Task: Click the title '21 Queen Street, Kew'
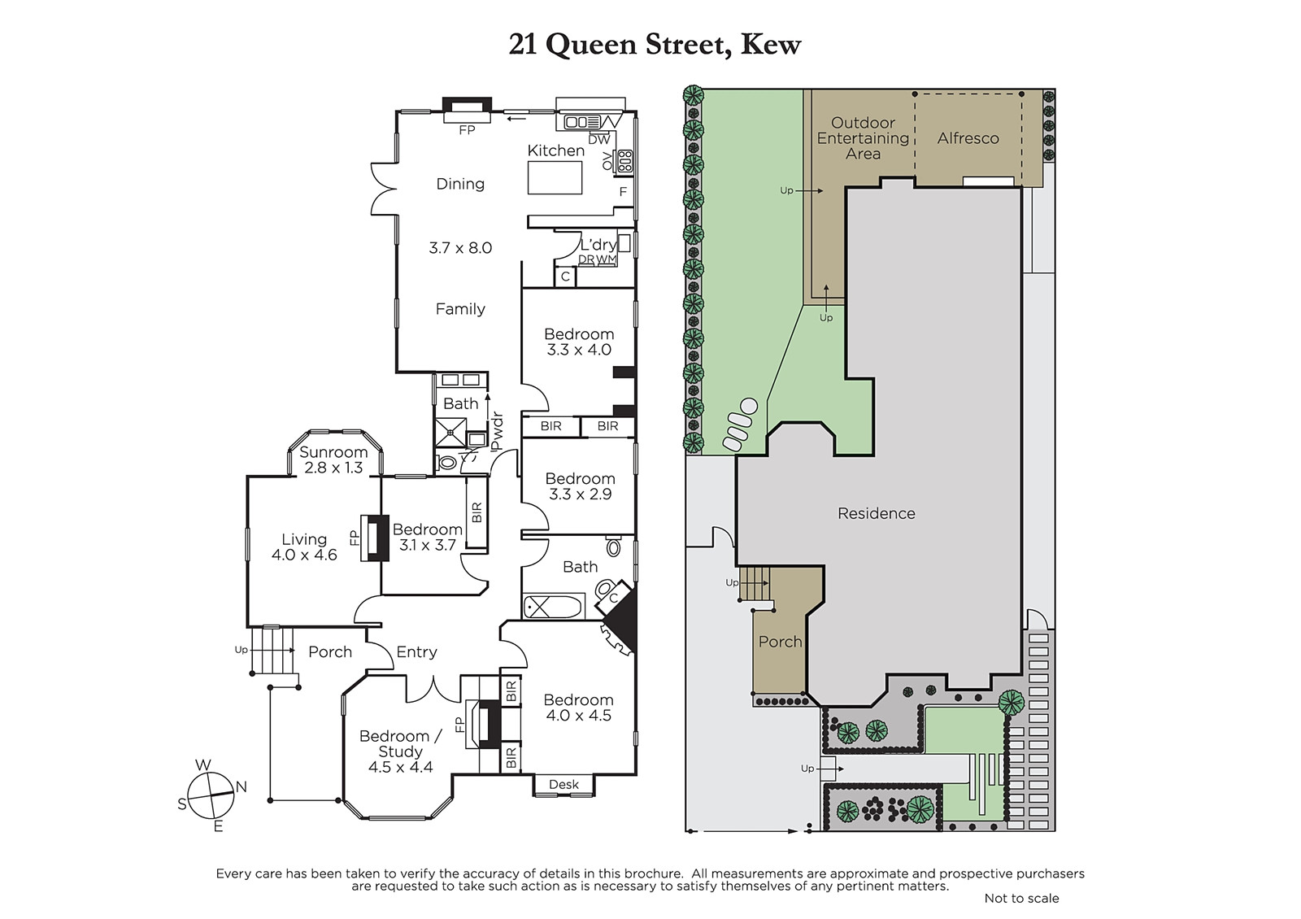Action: pos(655,45)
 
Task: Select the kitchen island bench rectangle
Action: pos(555,178)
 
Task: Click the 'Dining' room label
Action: pos(460,184)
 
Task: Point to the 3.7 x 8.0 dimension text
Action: pos(460,248)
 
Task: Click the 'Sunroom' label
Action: pos(333,452)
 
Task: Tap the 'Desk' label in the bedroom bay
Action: pos(563,784)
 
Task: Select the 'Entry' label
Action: pos(416,652)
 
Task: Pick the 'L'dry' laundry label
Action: pos(598,245)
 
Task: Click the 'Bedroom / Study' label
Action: pos(400,743)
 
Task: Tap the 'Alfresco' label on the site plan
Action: pos(968,138)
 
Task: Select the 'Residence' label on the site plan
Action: pos(876,513)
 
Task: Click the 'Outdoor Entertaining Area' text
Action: pos(863,138)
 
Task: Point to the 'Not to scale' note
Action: pos(1021,898)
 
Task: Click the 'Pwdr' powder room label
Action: pos(496,432)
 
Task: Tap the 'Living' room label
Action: pos(304,539)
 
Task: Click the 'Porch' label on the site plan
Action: pos(780,642)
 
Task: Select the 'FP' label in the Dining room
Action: pos(467,130)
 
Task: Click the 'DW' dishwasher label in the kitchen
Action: pos(598,139)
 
